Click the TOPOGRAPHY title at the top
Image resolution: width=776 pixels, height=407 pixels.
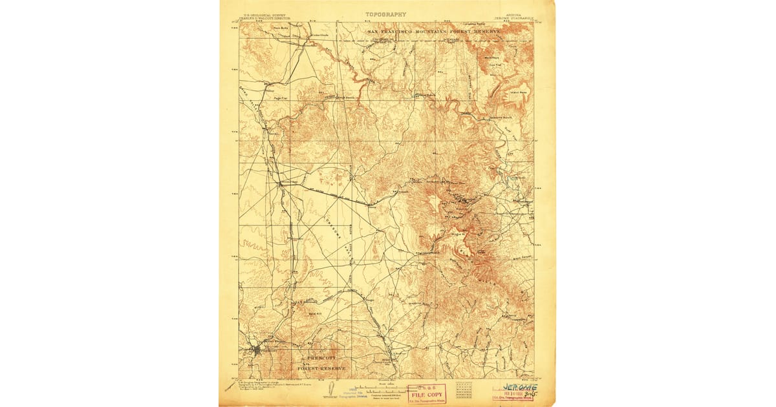point(386,14)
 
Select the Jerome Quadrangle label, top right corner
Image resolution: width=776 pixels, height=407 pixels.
point(512,19)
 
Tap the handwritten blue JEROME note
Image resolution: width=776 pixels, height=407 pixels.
point(520,387)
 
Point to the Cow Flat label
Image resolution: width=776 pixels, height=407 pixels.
point(495,65)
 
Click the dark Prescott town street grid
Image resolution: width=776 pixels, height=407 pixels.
point(257,351)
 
